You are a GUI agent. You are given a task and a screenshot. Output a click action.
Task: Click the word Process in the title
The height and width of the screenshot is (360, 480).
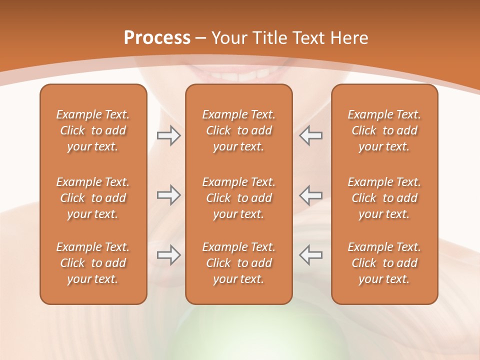(157, 38)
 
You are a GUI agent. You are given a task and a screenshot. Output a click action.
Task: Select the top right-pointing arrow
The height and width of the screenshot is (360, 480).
(168, 135)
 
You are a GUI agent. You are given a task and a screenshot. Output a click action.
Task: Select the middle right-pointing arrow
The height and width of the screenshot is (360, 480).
(168, 195)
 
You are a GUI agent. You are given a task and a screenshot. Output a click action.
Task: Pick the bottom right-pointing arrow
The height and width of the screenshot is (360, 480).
(168, 255)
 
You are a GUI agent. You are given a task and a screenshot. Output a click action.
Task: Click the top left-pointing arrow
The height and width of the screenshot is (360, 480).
(310, 135)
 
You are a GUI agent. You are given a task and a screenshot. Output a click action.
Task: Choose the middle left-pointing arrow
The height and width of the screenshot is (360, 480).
(310, 195)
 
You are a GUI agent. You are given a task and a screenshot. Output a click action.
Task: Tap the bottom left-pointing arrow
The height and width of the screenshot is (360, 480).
(310, 255)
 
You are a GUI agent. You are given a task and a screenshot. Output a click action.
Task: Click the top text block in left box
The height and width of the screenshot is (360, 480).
(93, 130)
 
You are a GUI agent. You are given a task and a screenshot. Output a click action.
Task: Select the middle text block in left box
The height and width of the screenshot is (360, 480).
(93, 198)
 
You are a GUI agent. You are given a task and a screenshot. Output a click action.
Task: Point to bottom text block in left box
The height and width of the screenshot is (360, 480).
(93, 263)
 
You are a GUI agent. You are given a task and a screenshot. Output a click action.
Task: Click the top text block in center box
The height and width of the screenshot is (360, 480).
(238, 130)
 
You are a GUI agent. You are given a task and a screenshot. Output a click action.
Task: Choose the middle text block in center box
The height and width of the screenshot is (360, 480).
(238, 198)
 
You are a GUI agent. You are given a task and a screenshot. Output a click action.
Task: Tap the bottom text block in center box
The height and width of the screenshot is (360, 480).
(238, 263)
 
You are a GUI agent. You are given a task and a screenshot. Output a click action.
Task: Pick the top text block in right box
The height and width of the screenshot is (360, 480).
(384, 130)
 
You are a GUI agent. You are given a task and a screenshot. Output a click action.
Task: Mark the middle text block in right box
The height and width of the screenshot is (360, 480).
(384, 198)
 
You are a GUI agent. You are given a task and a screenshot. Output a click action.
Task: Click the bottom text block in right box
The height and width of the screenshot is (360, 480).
(384, 263)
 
